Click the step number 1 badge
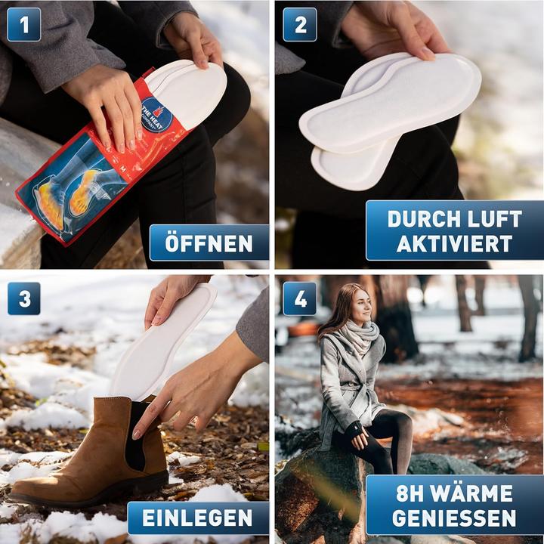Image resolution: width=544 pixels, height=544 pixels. coord(23,24)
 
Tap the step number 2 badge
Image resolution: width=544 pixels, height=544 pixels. coord(300,24)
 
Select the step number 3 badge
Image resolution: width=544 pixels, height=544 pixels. coord(23,298)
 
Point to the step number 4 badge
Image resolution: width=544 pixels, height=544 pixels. coord(300,298)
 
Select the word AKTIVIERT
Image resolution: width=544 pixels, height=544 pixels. coord(454,243)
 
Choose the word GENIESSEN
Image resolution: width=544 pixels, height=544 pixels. coord(454,518)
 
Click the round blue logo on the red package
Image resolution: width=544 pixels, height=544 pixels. coord(156,116)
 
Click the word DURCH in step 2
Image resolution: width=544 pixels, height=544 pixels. coord(421,219)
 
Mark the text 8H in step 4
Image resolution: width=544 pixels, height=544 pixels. coord(416,494)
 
